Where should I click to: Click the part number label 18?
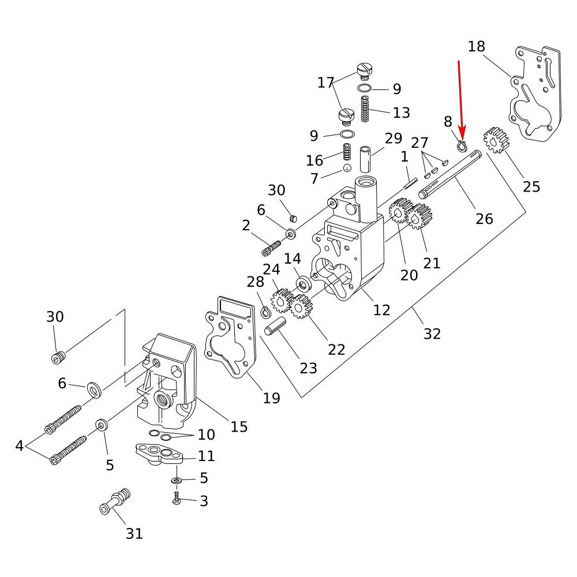[477, 46]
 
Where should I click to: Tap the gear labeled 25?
[496, 140]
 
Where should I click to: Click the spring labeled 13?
[365, 108]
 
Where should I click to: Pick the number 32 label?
[432, 334]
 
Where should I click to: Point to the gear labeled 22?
[301, 306]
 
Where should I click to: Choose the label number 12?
[381, 310]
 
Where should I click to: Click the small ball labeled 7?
[347, 168]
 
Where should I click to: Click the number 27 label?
[420, 143]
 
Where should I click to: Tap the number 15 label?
[239, 426]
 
